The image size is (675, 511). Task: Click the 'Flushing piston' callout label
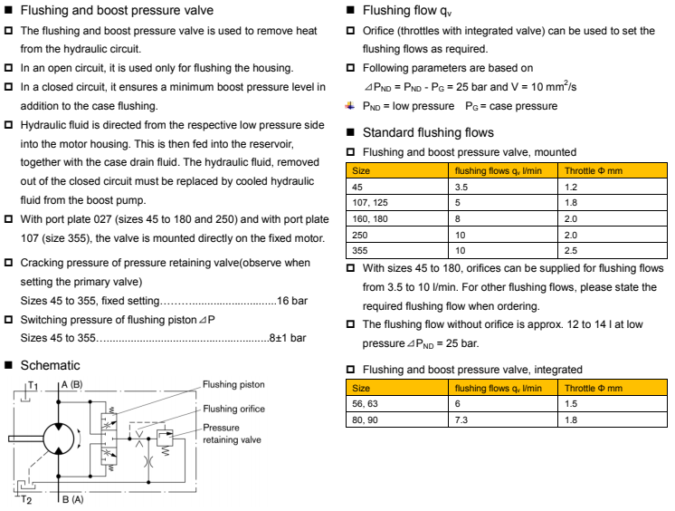tap(233, 384)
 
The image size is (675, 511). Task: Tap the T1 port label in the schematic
tap(31, 385)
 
